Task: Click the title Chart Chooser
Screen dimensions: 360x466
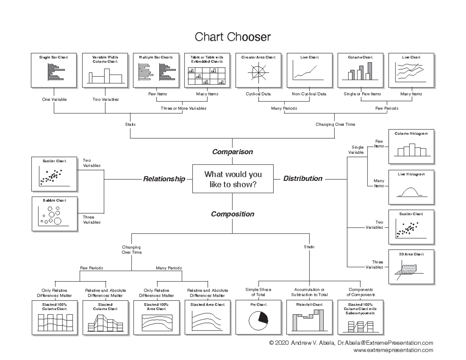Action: tap(232, 37)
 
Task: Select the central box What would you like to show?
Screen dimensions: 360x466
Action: tap(233, 179)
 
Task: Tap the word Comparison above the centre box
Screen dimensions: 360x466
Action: tap(232, 152)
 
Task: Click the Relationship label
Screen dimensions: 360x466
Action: tap(164, 179)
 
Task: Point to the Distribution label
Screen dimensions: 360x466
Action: tap(303, 179)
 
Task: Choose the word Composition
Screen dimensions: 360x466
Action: tap(232, 214)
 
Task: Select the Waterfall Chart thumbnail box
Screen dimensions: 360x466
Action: tap(309, 317)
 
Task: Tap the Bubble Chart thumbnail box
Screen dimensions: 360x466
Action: tap(54, 214)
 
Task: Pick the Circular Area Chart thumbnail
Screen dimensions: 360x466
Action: tap(258, 70)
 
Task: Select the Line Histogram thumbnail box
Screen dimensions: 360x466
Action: tap(411, 187)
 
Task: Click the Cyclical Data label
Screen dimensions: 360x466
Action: tap(258, 94)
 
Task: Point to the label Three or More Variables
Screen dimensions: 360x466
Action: tap(184, 108)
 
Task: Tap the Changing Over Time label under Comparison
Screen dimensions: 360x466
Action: tap(335, 125)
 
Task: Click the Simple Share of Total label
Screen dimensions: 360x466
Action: tap(258, 292)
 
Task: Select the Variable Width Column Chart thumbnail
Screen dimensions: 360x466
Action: tap(105, 70)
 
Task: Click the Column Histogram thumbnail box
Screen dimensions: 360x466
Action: tap(411, 147)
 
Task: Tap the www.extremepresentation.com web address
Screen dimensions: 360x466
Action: tap(393, 350)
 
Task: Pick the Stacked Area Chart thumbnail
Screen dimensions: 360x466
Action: tap(207, 317)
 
